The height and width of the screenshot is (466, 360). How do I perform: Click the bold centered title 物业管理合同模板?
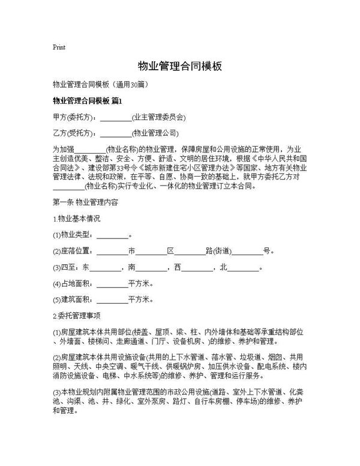click(180, 65)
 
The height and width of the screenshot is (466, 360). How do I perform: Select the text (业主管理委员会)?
click(158, 117)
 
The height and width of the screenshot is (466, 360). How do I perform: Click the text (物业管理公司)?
click(154, 133)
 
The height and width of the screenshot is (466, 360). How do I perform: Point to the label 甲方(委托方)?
click(75, 117)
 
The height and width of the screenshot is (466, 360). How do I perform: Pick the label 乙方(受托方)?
click(75, 133)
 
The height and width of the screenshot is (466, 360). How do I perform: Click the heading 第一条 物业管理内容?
click(86, 202)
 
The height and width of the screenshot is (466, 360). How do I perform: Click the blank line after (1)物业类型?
click(112, 235)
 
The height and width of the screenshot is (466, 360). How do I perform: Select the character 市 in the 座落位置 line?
click(131, 251)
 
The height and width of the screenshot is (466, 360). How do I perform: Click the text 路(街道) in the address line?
click(218, 251)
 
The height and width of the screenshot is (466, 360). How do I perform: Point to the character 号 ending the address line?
click(267, 251)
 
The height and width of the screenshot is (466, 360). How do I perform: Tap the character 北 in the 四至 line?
click(224, 267)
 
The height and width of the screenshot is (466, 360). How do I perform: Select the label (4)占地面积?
click(74, 283)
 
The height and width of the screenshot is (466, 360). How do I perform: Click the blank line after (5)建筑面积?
click(112, 300)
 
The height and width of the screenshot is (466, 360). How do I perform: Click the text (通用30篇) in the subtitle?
click(127, 85)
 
